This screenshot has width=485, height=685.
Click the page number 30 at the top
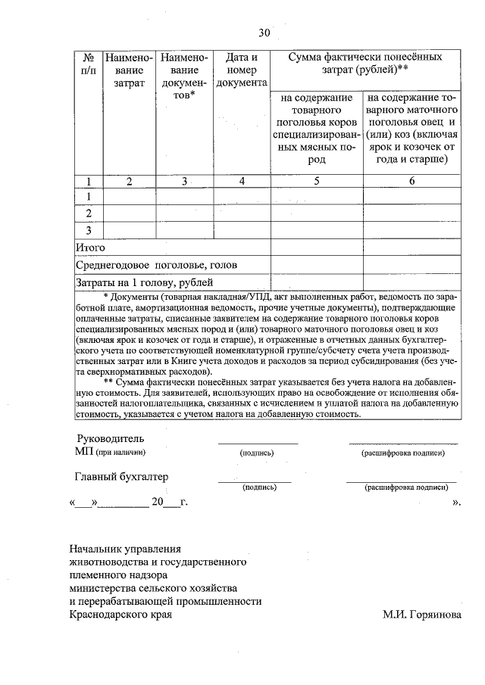point(264,33)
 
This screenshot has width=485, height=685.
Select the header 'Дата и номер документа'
point(242,69)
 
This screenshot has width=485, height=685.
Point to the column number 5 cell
point(317,181)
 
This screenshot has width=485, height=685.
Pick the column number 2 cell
point(129,181)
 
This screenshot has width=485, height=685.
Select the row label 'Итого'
point(90,248)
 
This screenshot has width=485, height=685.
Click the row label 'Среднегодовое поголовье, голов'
point(156,265)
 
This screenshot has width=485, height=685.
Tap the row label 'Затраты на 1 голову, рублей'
point(139,283)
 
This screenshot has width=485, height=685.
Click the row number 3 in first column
point(89,230)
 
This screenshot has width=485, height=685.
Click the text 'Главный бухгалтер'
point(121,477)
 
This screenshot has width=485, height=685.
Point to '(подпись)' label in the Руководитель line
point(256,453)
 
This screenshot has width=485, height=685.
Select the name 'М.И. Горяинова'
point(421,615)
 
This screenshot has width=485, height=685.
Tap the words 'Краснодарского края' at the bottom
point(120,615)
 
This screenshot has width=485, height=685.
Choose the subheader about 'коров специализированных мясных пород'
point(317,129)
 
